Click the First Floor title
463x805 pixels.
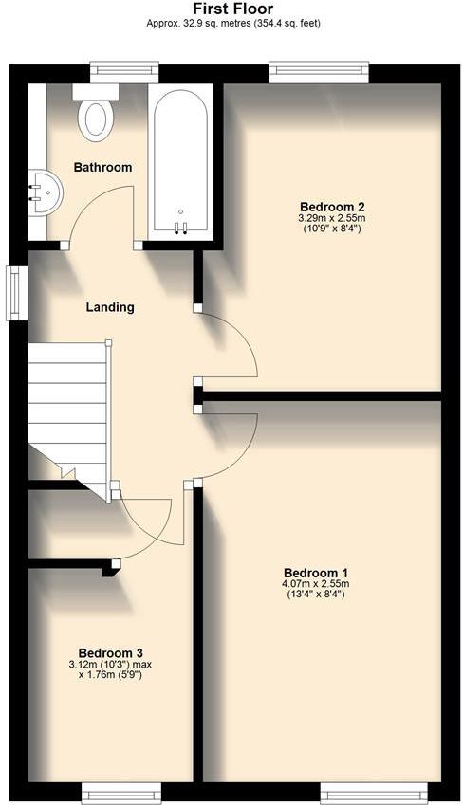pyautogui.click(x=232, y=9)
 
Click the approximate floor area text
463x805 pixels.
pyautogui.click(x=232, y=22)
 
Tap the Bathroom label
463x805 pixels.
pyautogui.click(x=102, y=167)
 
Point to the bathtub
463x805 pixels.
pyautogui.click(x=181, y=161)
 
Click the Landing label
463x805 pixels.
pyautogui.click(x=110, y=307)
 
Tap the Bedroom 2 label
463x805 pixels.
pyautogui.click(x=332, y=207)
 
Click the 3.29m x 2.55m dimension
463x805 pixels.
pyautogui.click(x=332, y=218)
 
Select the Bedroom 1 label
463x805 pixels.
pyautogui.click(x=316, y=573)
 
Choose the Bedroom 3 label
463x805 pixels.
pyautogui.click(x=111, y=652)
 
